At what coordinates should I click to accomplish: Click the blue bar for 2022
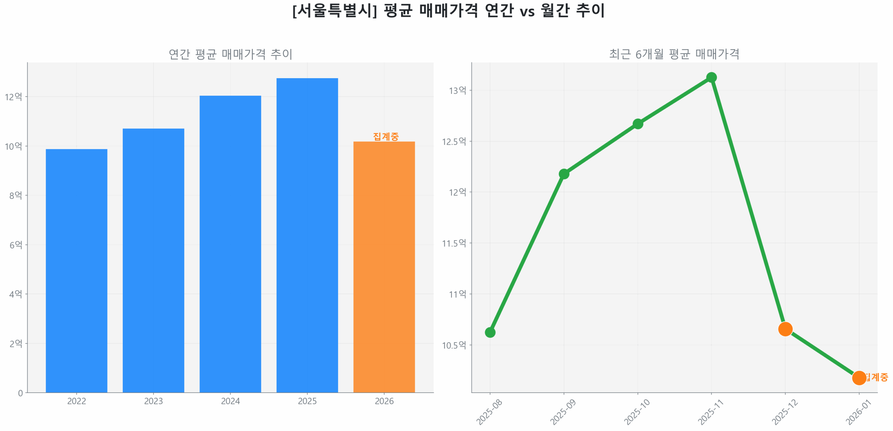[x=76, y=270]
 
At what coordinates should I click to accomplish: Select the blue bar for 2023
[x=153, y=260]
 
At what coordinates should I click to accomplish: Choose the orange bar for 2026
[x=384, y=267]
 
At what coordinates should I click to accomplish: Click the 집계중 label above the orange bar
[x=385, y=136]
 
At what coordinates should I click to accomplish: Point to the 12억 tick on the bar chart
[x=13, y=97]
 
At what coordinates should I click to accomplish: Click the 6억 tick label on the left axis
[x=15, y=245]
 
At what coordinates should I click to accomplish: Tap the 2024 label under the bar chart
[x=230, y=401]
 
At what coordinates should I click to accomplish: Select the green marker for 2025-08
[x=490, y=332]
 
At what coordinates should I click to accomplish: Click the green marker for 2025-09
[x=564, y=174]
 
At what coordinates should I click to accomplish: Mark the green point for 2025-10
[x=638, y=124]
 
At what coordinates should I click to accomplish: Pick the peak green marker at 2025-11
[x=711, y=77]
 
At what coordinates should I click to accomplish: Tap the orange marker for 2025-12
[x=785, y=329]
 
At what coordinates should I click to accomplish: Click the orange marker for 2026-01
[x=859, y=378]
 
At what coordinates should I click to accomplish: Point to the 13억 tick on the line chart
[x=457, y=90]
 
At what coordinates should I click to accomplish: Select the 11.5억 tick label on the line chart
[x=454, y=243]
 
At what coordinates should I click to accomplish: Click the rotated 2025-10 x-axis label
[x=637, y=412]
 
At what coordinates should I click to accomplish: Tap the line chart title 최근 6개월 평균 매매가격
[x=674, y=54]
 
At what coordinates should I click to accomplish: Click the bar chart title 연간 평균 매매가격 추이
[x=230, y=54]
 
